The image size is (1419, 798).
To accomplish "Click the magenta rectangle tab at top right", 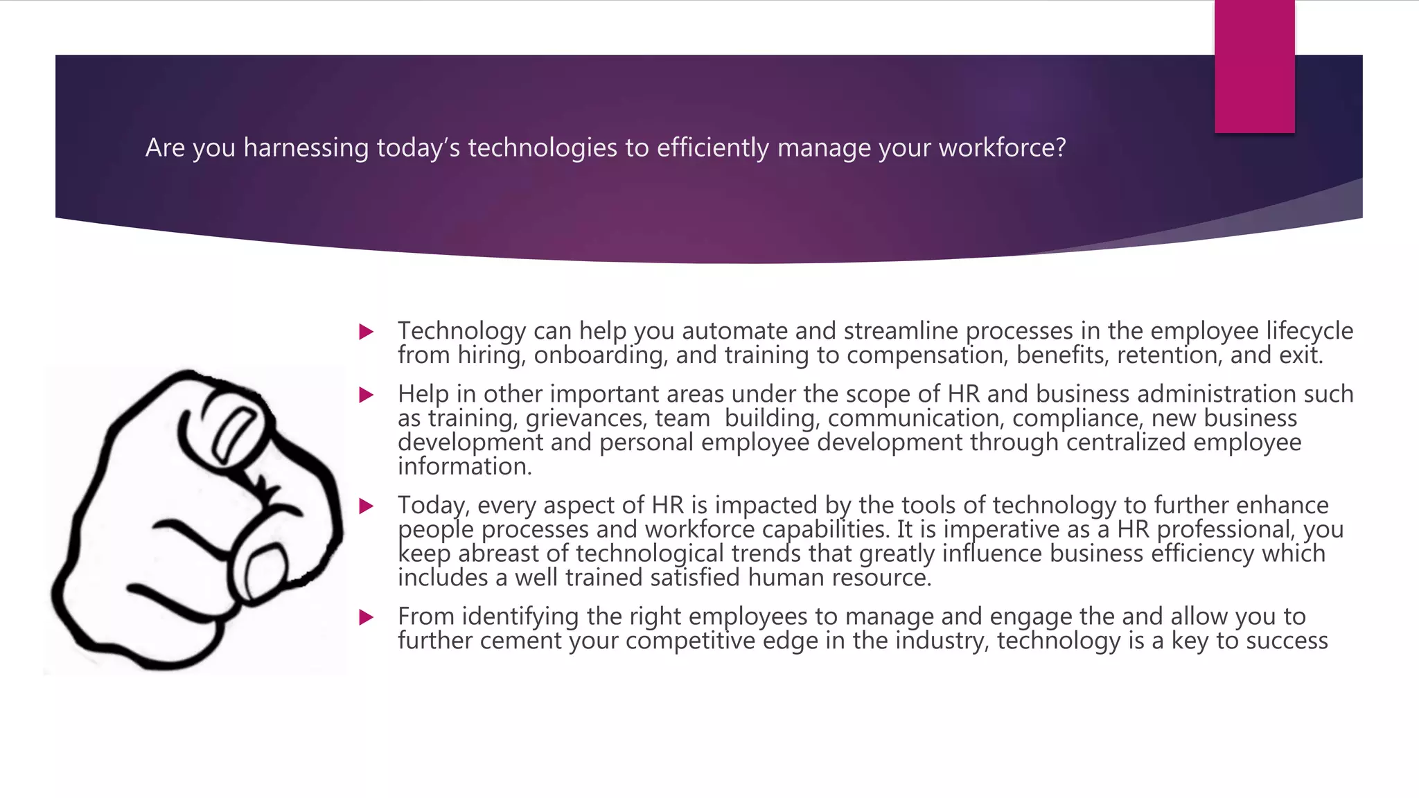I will pyautogui.click(x=1254, y=66).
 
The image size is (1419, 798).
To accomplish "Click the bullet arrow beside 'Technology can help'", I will pyautogui.click(x=367, y=332).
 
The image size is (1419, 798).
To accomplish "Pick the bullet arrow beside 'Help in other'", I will pyautogui.click(x=367, y=395).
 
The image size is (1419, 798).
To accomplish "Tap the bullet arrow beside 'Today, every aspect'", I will pyautogui.click(x=367, y=506).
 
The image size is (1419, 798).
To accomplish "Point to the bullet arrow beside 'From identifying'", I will pyautogui.click(x=367, y=617).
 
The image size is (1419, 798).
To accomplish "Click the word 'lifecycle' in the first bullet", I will pyautogui.click(x=1310, y=331).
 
